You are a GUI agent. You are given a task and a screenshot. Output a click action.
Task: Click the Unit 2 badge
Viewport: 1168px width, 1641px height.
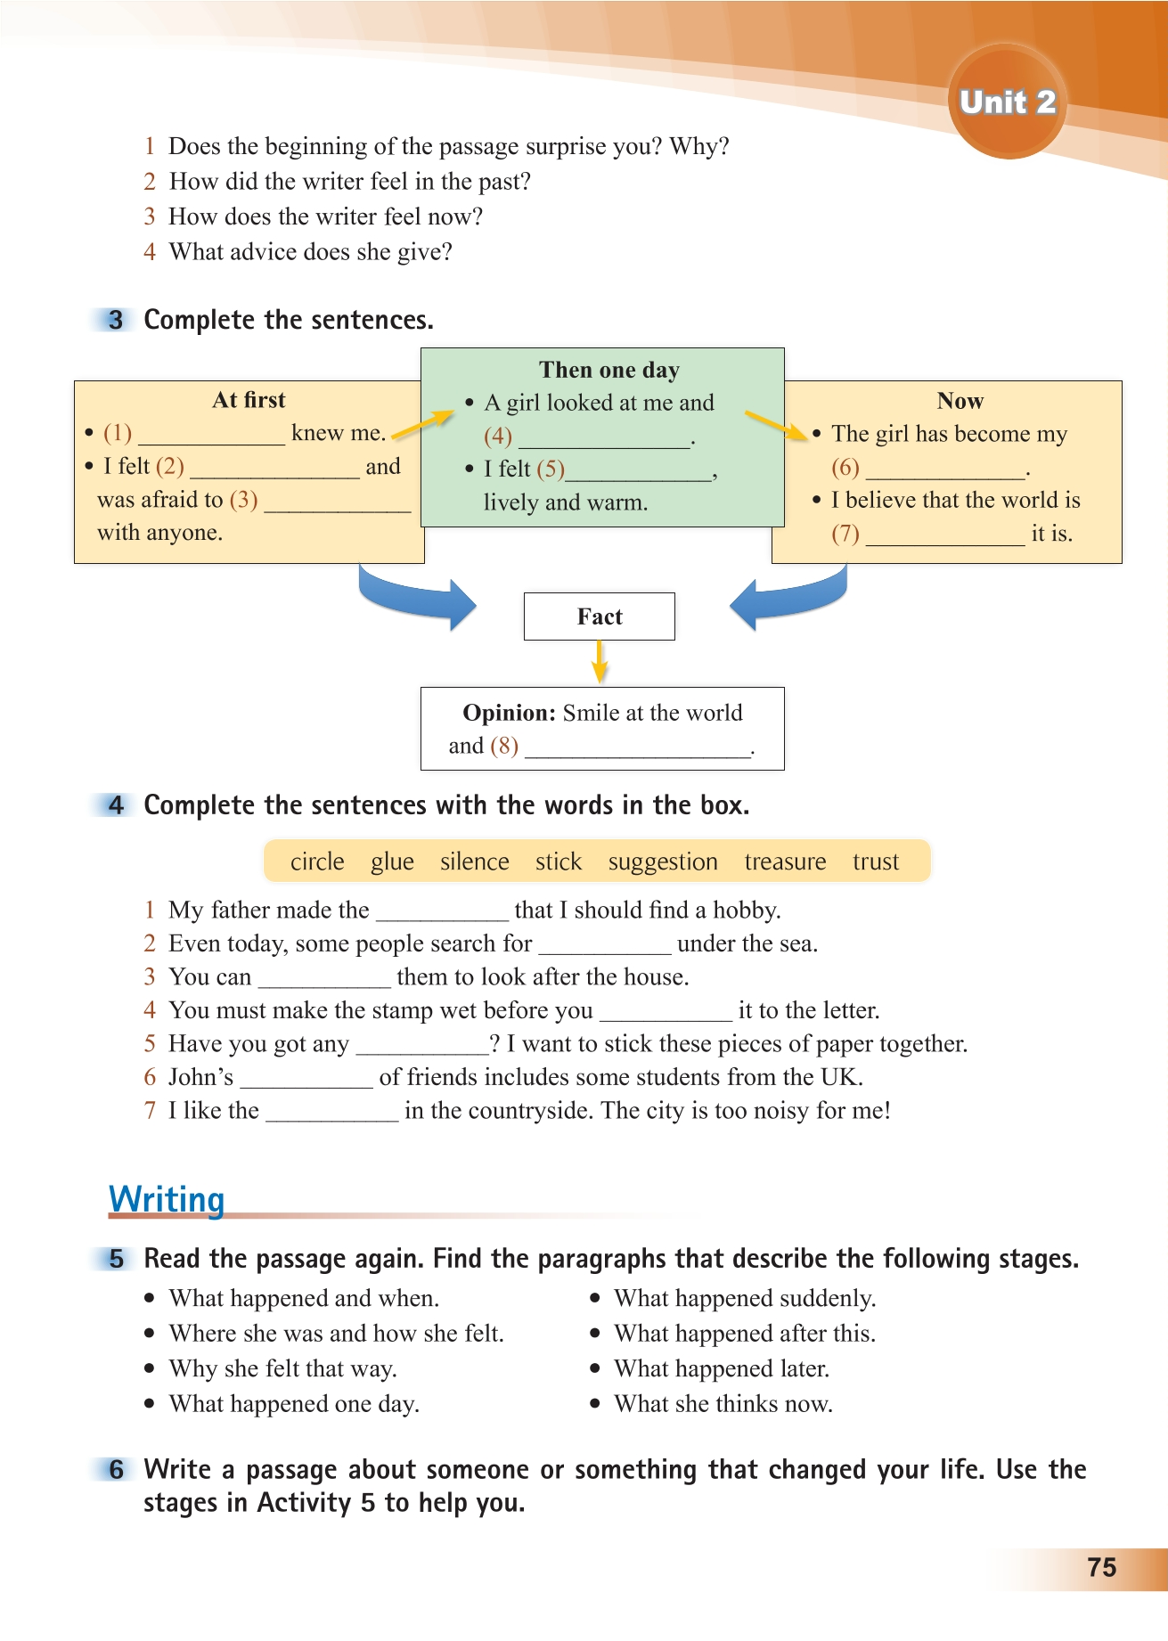tap(1007, 102)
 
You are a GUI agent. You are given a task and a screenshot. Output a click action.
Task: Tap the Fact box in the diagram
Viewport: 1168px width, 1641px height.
tap(599, 616)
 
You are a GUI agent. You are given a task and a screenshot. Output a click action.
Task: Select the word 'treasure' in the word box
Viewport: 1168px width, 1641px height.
tap(785, 861)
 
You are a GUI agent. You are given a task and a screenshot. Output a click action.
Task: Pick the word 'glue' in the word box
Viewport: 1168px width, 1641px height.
tap(392, 861)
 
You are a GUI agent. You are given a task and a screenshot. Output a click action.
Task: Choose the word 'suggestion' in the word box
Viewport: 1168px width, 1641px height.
tap(663, 861)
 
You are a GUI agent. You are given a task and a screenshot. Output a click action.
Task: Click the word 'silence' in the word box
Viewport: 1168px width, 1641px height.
tap(474, 861)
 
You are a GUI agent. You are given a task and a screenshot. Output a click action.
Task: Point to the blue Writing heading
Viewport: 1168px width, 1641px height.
tap(167, 1199)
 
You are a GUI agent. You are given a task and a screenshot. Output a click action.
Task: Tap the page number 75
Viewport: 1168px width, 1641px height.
tap(1101, 1567)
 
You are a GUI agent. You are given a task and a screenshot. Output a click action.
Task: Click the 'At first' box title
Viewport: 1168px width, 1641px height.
tap(249, 400)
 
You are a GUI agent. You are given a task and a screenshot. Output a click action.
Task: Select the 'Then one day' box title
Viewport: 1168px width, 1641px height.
tap(609, 370)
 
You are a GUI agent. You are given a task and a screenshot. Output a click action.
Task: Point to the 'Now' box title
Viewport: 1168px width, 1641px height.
tap(960, 401)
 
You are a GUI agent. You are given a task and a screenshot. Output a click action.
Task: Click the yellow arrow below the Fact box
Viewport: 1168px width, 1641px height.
tap(600, 662)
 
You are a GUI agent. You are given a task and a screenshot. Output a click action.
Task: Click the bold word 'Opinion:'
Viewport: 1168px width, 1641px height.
tap(509, 713)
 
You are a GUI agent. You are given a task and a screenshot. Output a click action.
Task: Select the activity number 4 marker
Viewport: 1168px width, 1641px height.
tap(116, 805)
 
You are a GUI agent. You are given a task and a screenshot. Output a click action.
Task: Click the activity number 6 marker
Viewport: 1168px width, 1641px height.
tap(116, 1469)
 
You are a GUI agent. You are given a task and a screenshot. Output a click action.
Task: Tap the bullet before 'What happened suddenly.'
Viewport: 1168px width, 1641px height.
tap(595, 1299)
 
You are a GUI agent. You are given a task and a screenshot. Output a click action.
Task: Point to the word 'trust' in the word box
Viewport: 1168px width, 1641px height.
tap(876, 861)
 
